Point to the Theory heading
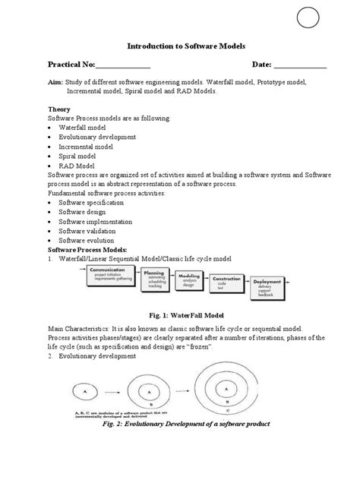(59, 109)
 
